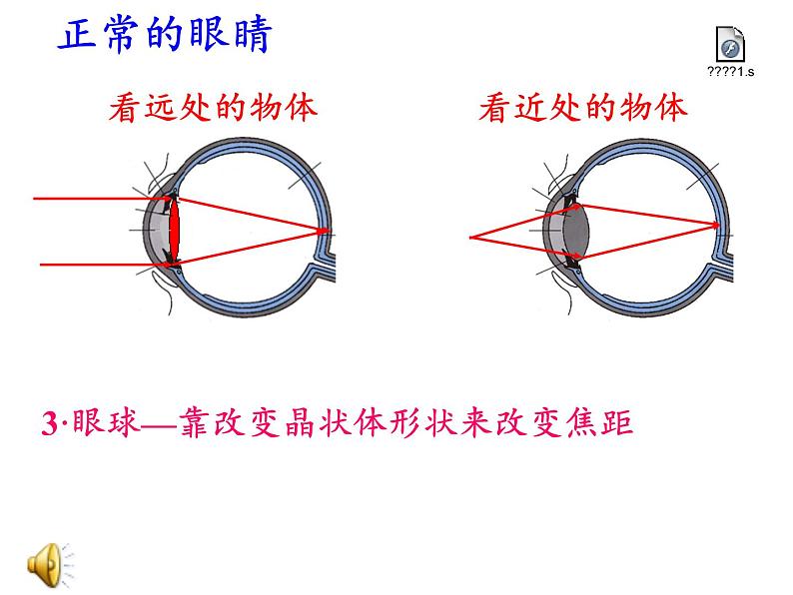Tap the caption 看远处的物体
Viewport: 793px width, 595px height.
click(213, 108)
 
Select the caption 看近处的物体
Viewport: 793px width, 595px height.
click(584, 108)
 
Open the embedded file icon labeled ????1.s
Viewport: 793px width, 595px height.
click(731, 45)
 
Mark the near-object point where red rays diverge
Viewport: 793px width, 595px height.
click(470, 238)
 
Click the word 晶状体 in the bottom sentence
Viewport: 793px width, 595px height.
click(329, 423)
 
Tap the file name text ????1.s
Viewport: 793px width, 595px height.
click(731, 72)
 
